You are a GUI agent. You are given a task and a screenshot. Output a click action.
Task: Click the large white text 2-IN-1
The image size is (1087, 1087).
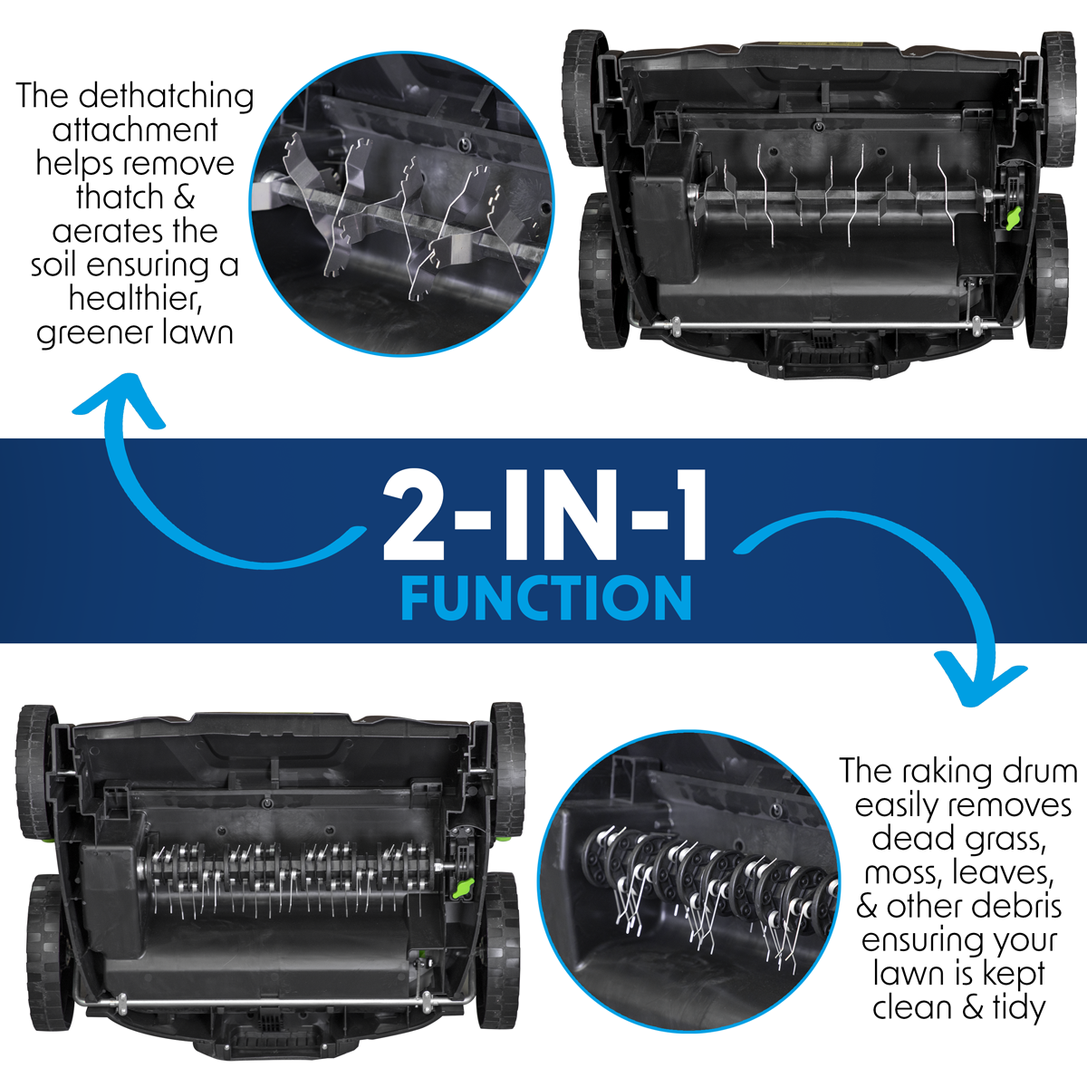click(x=545, y=515)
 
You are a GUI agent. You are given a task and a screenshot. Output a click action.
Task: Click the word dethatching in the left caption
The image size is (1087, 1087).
click(x=167, y=96)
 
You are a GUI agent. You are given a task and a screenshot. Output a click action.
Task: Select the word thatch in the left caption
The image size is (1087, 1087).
click(x=120, y=197)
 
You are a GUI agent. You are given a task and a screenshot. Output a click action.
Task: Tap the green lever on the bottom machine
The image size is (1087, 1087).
click(x=464, y=888)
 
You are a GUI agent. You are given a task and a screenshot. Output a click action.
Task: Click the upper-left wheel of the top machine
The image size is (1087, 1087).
click(x=584, y=98)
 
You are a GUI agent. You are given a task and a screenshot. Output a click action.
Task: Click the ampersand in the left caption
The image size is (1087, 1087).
click(x=182, y=197)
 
